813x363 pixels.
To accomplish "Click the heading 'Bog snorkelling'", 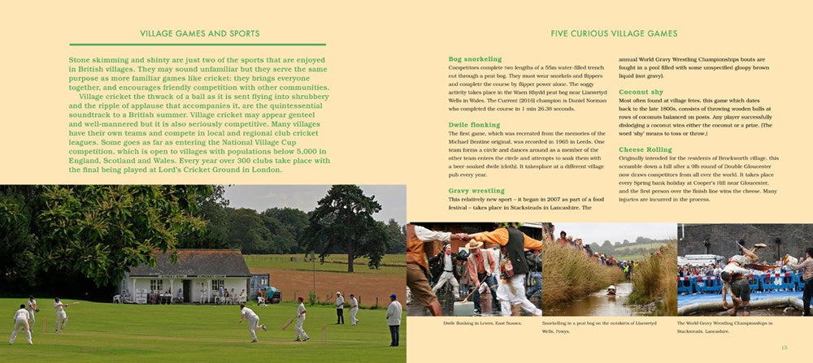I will [x=475, y=59].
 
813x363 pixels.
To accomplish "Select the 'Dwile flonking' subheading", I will [x=473, y=124].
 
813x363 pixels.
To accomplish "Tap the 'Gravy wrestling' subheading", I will [x=476, y=191].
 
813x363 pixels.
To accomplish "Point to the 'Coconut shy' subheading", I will [x=641, y=92].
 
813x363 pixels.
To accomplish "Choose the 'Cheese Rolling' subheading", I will [x=646, y=149].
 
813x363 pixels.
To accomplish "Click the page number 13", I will [x=784, y=348].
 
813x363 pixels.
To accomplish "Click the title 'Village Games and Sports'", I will [x=200, y=34].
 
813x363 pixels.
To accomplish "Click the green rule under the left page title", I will [x=197, y=45].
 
